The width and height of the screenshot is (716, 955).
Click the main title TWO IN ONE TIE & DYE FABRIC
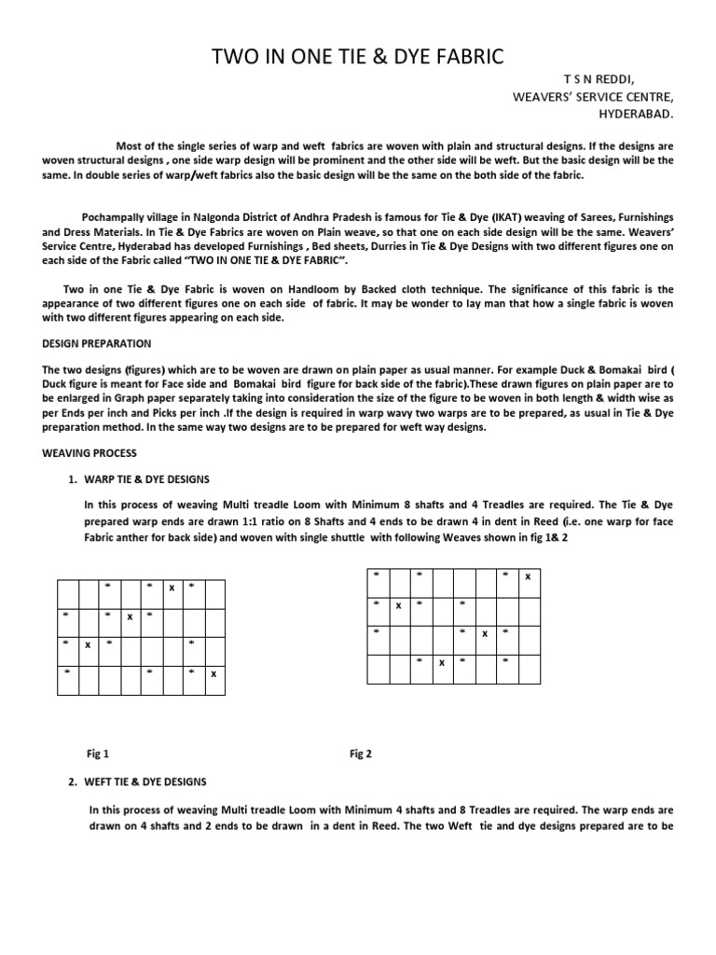point(359,58)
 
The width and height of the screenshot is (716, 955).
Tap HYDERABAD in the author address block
point(635,115)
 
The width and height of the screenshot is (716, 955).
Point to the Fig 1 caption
point(97,754)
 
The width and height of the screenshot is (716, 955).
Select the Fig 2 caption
point(361,754)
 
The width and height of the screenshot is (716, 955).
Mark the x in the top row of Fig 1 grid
point(172,588)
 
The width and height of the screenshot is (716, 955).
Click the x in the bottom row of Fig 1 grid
point(214,673)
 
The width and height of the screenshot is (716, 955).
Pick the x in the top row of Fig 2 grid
point(528,576)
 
